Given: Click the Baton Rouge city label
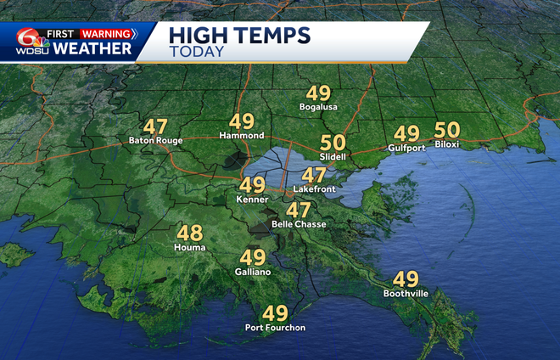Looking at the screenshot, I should point(149,140).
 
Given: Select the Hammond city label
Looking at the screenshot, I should point(242,136).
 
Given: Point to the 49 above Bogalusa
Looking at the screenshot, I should point(319,93).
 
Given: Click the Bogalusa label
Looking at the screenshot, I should point(319,108).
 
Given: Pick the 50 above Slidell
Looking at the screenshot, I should point(332,144).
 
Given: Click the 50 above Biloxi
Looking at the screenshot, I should point(446,130).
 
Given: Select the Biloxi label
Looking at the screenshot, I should point(447,144).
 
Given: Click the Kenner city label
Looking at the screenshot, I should point(252,198).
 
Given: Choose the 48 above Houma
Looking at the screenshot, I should point(189,232).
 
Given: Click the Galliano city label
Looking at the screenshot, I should point(253,271).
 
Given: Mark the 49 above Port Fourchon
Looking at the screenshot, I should point(275,312).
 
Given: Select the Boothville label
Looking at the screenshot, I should point(406,294).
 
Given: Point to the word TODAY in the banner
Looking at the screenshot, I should point(197,52).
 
